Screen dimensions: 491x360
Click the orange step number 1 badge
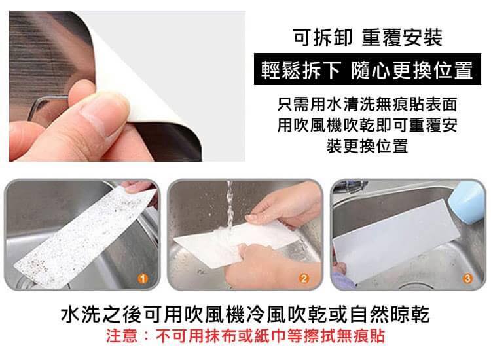pos(143,278)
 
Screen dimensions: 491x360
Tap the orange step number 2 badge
pos(304,278)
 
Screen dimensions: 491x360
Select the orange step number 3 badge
pos(467,278)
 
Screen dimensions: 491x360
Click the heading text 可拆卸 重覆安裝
pos(367,37)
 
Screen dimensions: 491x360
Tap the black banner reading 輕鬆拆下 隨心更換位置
pos(367,69)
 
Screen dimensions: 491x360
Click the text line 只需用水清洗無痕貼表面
pos(367,104)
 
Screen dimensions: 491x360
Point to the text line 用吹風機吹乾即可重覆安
pos(367,125)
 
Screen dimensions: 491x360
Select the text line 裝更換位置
pos(367,146)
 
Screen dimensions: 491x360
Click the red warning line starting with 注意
pos(245,336)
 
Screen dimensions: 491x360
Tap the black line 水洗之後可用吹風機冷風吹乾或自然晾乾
pos(245,314)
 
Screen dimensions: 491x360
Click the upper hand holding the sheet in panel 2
pos(282,207)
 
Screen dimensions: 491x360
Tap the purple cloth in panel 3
pos(344,279)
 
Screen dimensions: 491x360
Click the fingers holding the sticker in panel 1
pos(140,190)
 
